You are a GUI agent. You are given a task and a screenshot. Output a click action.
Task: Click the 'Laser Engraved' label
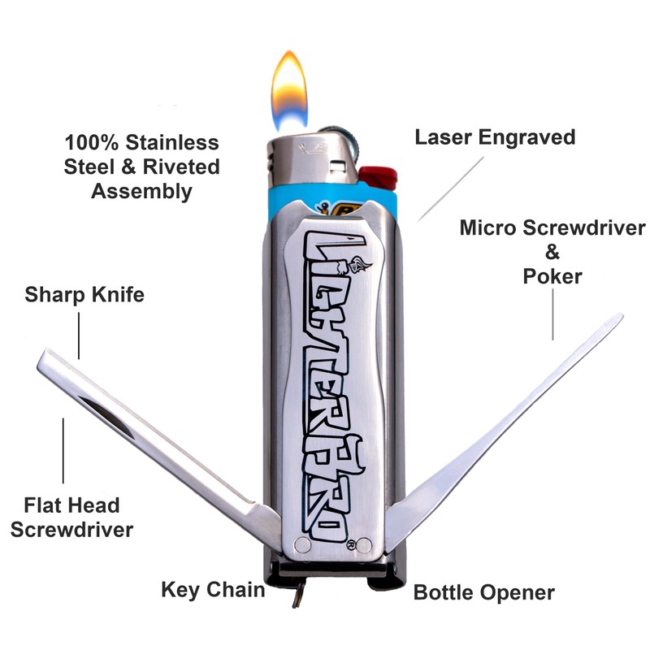[x=495, y=136]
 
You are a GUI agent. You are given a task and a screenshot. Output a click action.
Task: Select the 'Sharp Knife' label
[x=84, y=293]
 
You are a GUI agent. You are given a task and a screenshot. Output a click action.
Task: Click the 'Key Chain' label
[x=213, y=589]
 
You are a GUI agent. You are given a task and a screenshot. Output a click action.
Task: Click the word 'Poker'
[x=552, y=276]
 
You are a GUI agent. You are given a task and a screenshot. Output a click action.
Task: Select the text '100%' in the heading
[x=91, y=143]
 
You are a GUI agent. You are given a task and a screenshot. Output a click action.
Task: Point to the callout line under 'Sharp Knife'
[x=79, y=333]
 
